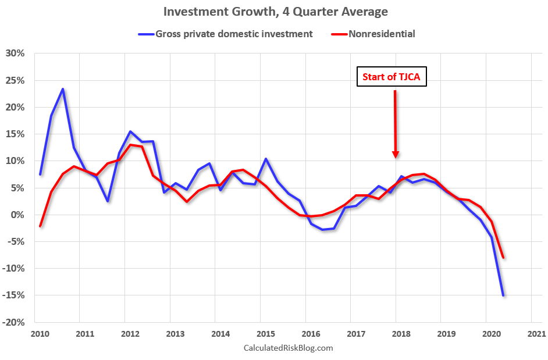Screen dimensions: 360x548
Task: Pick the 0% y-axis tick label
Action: [x=18, y=215]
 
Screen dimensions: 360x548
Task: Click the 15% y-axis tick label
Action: [x=16, y=134]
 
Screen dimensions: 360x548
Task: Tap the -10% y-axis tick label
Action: [x=15, y=269]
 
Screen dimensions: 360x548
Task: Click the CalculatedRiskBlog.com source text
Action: [x=287, y=348]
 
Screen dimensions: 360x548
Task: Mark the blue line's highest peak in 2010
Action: [x=63, y=89]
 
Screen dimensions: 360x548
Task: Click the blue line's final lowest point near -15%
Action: [x=503, y=295]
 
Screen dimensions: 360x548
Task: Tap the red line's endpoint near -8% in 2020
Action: [x=503, y=258]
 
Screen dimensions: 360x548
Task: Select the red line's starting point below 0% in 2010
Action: [x=40, y=226]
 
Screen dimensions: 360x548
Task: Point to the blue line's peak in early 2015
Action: [x=266, y=159]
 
